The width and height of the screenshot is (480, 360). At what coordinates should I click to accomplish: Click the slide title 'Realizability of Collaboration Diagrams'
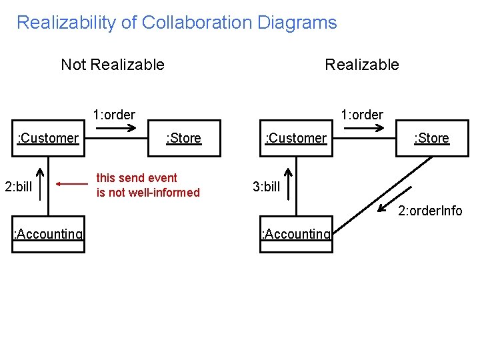coord(177,23)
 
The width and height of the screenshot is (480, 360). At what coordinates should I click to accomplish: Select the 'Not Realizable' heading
coord(112,65)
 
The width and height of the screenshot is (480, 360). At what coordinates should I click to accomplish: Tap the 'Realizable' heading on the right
coord(361,65)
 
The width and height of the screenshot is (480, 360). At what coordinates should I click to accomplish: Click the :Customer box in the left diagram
coord(49,138)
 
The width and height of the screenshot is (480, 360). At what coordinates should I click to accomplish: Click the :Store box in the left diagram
coord(183,138)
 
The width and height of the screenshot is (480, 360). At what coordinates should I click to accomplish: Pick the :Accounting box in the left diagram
coord(49,235)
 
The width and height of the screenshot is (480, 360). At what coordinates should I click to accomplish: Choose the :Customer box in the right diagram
coord(296,138)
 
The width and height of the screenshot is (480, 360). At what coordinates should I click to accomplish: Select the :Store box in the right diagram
coord(431,138)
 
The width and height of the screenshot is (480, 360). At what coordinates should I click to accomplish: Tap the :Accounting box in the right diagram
coord(296,235)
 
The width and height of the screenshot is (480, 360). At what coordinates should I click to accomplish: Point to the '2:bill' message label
coord(18,186)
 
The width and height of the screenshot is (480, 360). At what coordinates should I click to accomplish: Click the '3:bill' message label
coord(266,187)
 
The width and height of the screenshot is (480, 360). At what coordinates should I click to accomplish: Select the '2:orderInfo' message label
coord(430,211)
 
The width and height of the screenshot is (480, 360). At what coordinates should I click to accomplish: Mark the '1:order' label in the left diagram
coord(114,115)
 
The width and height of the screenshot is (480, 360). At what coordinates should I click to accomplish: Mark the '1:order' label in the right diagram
coord(361,115)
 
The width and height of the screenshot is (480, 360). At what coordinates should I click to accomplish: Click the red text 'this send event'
coord(137,178)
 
